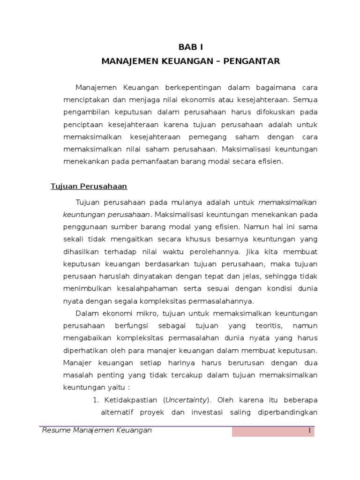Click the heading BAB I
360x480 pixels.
(x=191, y=47)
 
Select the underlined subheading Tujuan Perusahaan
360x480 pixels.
(x=89, y=187)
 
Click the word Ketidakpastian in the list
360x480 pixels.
(x=130, y=400)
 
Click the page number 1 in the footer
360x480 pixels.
(x=310, y=431)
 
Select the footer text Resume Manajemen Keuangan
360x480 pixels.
(x=97, y=430)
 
